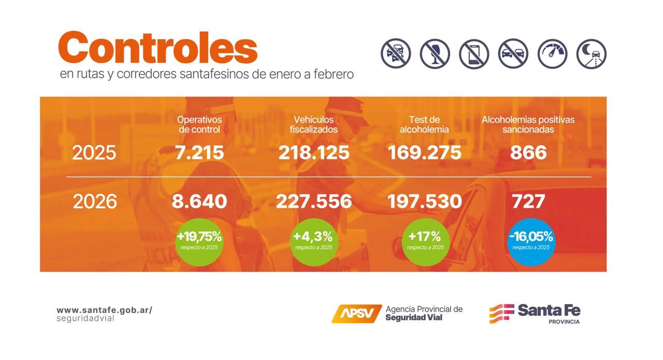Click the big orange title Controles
pyautogui.click(x=158, y=47)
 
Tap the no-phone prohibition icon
pyautogui.click(x=474, y=54)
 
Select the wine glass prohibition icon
pyautogui.click(x=435, y=54)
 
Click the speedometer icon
pyautogui.click(x=552, y=54)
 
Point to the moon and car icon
pyautogui.click(x=592, y=54)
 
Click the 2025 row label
pyautogui.click(x=94, y=153)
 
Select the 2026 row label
pyautogui.click(x=95, y=201)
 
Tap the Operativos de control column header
pyautogui.click(x=199, y=124)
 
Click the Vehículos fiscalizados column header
pyautogui.click(x=313, y=124)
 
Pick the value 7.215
pyautogui.click(x=199, y=153)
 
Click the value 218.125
pyautogui.click(x=314, y=153)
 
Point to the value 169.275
pyautogui.click(x=424, y=153)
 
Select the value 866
pyautogui.click(x=528, y=153)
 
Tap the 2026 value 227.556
pyautogui.click(x=314, y=201)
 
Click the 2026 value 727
pyautogui.click(x=528, y=201)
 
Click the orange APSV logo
pyautogui.click(x=356, y=313)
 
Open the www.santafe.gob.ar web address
pyautogui.click(x=104, y=310)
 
